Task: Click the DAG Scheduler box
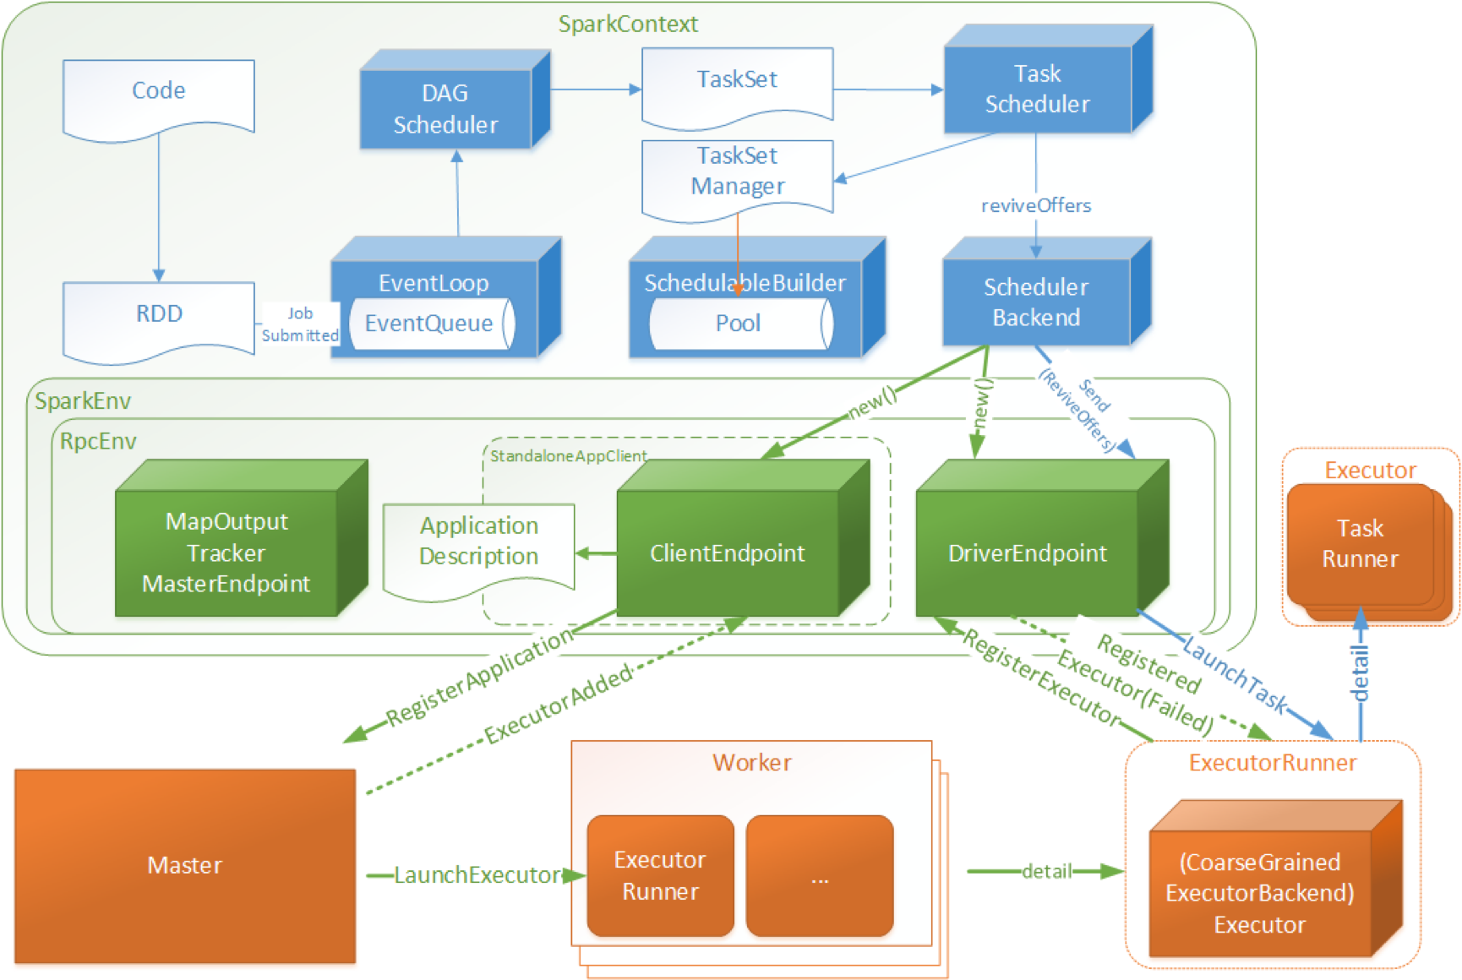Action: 455,100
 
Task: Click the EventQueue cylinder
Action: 432,323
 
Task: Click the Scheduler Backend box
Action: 1047,292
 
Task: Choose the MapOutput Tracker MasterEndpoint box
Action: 242,538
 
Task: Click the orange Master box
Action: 185,866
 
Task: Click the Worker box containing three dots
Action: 820,876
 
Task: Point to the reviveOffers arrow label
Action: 1036,205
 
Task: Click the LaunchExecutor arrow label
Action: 477,875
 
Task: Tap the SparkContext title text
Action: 628,24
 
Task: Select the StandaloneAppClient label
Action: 569,456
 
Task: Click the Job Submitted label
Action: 300,324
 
